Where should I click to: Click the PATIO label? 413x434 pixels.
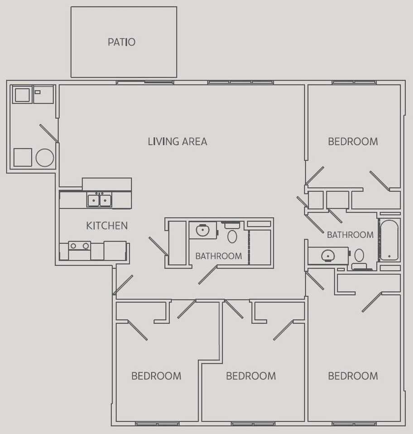pos(121,42)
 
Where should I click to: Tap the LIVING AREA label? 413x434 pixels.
pos(178,142)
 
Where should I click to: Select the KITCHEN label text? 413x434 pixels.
pos(107,226)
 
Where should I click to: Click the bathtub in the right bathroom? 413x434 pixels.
pos(389,240)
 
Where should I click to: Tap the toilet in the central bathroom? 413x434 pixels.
pos(232,235)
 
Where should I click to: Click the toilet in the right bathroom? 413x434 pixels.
pos(359,256)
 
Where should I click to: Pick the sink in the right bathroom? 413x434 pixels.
pos(327,256)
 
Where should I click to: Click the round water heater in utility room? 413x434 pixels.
pos(45,157)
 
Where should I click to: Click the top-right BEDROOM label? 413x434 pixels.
pos(353,142)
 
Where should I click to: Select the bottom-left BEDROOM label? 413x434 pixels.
pos(156,376)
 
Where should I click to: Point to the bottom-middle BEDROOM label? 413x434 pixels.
pos(251,376)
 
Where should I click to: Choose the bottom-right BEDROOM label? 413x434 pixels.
pos(353,376)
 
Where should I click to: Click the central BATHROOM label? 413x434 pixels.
pos(218,256)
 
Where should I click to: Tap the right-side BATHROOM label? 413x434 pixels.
pos(350,235)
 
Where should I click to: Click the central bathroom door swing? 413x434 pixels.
pos(207,275)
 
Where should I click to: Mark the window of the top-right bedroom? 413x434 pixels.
pos(354,82)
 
